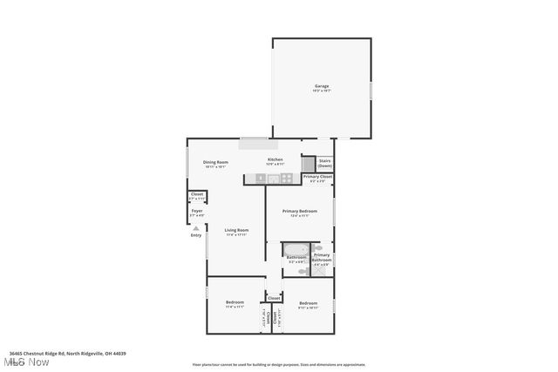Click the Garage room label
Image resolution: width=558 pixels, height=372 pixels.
(322, 86)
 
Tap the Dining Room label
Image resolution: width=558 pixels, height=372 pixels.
(215, 163)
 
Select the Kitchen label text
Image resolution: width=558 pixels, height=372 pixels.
(275, 161)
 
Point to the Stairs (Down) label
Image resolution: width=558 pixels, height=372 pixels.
(324, 163)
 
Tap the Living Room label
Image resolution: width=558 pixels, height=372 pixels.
(236, 231)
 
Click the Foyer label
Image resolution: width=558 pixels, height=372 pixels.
(197, 212)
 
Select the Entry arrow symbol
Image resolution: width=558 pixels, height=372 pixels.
(196, 228)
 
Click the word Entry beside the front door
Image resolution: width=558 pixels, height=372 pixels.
(196, 235)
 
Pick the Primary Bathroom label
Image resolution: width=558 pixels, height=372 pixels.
(321, 258)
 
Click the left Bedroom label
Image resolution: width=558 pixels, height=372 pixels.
(235, 304)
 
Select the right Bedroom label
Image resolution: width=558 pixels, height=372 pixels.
(308, 304)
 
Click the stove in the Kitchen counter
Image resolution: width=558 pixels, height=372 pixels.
(286, 179)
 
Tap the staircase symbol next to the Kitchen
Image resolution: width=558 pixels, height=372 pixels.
(309, 163)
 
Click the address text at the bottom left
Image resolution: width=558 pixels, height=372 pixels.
(68, 353)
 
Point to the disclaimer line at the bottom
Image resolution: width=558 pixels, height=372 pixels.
(278, 365)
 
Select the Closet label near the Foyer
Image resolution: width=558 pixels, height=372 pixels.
(197, 195)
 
